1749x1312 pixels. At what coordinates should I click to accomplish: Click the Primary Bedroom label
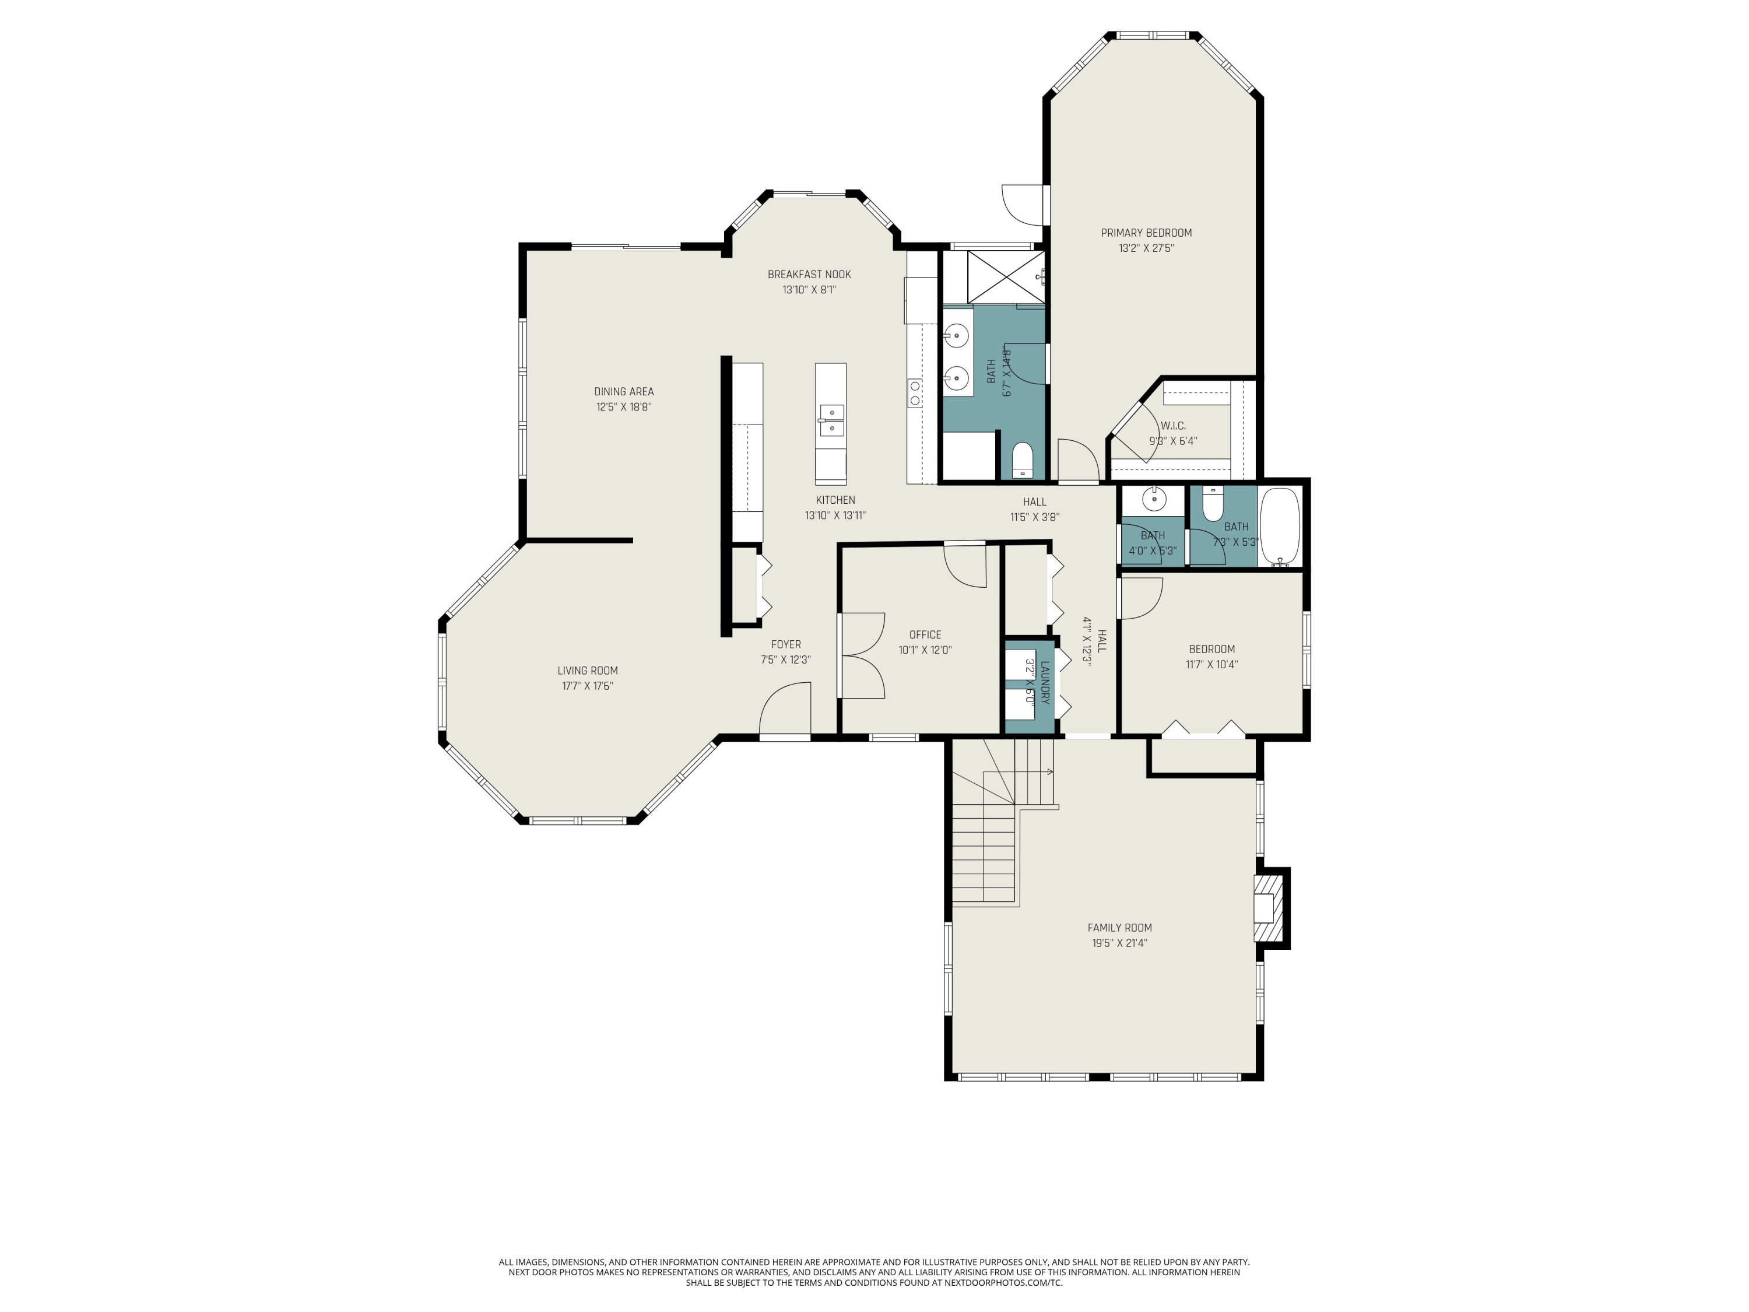pos(1146,233)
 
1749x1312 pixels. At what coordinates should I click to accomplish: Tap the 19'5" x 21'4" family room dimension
pos(1119,943)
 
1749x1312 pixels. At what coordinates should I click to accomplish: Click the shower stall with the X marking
pos(1005,277)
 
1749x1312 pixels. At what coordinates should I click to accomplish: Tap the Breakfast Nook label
pos(809,275)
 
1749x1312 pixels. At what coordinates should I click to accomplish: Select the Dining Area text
pos(624,391)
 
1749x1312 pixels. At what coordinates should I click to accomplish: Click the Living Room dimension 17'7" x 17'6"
pos(588,686)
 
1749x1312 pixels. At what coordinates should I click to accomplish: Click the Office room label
pos(924,634)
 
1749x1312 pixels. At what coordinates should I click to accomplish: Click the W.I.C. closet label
pos(1172,426)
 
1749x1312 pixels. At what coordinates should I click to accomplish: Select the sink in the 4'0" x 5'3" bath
pos(1154,499)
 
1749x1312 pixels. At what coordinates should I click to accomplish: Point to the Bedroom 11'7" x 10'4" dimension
pos(1211,664)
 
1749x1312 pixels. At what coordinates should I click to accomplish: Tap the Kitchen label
pos(835,500)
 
